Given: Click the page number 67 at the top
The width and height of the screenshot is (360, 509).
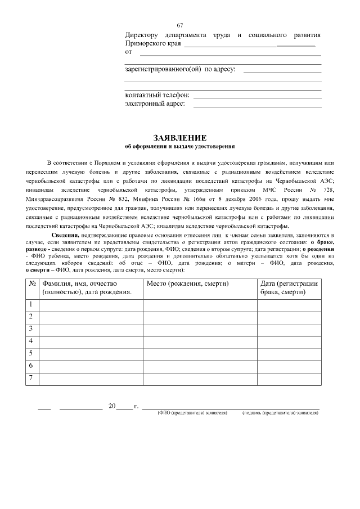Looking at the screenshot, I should tap(180, 25).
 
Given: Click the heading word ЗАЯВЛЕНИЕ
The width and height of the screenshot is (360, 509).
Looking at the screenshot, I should tap(180, 138).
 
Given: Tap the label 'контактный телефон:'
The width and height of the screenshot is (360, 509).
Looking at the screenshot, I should tap(157, 95).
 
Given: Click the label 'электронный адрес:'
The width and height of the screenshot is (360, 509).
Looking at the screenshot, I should tap(155, 103).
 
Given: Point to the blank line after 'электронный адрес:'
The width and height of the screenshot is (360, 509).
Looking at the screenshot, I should tap(257, 106).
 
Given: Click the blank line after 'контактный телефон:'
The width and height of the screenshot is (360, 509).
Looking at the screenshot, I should tap(257, 97).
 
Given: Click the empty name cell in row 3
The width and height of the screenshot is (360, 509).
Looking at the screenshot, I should tap(91, 329).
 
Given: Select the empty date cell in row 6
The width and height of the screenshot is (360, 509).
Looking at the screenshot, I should tap(289, 366).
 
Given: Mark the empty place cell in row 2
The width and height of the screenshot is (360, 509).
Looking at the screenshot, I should tap(200, 317).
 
